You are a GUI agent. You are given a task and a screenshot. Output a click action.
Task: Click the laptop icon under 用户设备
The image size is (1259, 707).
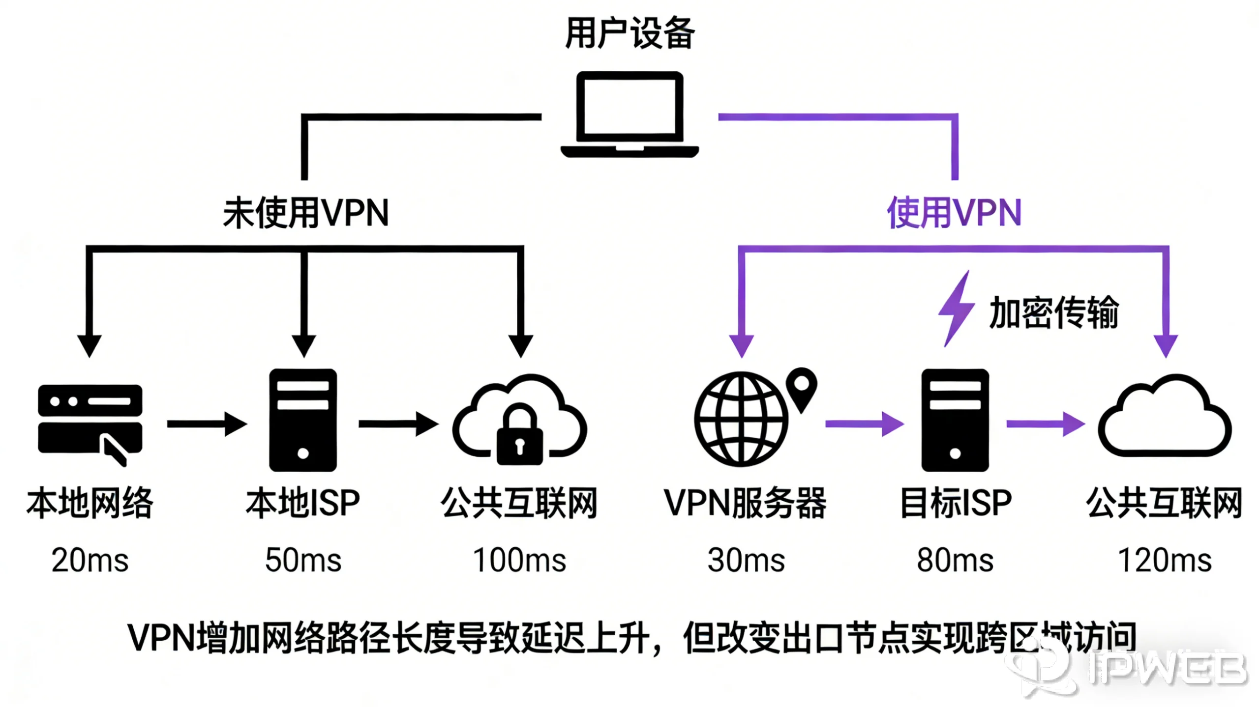point(629,114)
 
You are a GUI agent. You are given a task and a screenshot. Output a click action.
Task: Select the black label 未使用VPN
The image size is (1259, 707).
point(305,213)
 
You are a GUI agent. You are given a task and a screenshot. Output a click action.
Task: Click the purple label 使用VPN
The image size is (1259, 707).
point(954,213)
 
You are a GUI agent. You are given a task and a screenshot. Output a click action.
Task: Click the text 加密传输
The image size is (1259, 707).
point(1053,312)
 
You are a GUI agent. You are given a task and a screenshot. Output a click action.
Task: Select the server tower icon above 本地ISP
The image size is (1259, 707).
point(303,420)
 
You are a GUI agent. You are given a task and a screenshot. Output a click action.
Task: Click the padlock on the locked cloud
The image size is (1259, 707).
point(520,437)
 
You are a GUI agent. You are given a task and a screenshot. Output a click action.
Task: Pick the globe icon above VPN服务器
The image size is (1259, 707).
point(741,419)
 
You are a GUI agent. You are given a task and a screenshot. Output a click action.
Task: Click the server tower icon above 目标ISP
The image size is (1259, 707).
point(955,420)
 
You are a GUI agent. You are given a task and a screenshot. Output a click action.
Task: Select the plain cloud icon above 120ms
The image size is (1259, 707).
point(1165,418)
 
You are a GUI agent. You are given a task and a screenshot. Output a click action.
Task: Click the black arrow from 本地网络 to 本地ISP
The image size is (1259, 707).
point(207,424)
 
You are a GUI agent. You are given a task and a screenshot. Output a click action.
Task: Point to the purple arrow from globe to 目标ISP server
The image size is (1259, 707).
point(864,424)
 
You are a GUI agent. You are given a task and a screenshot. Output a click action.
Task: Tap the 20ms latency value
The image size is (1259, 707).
point(90,560)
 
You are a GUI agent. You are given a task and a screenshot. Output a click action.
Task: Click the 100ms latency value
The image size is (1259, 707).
point(519,560)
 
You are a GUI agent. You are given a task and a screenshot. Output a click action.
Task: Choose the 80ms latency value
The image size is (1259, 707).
point(955,560)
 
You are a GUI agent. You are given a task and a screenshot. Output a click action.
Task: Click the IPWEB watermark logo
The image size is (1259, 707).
point(1131,668)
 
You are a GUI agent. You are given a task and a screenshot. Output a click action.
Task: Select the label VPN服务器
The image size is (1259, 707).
point(745,503)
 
